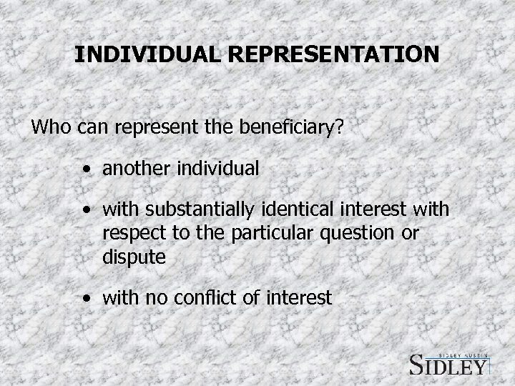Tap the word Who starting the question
[49, 130]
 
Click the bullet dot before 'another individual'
[87, 171]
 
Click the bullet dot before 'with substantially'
[87, 212]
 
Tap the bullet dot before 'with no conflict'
[87, 298]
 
